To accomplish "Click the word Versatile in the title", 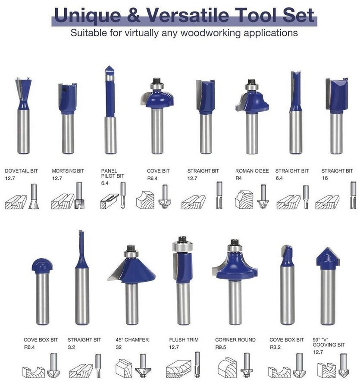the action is pyautogui.click(x=188, y=15).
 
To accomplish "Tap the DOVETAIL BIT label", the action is pyautogui.click(x=22, y=171).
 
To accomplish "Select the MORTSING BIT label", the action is pyautogui.click(x=68, y=171).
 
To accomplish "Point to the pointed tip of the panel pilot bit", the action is pyautogui.click(x=110, y=66).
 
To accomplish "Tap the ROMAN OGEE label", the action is pyautogui.click(x=252, y=171).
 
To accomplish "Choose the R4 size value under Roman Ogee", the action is pyautogui.click(x=238, y=178).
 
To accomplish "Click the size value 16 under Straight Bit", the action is pyautogui.click(x=325, y=178).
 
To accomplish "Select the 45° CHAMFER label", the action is pyautogui.click(x=132, y=340).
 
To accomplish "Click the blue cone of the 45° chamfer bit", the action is pyautogui.click(x=132, y=270).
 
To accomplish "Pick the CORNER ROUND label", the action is pyautogui.click(x=235, y=340).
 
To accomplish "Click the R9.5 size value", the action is pyautogui.click(x=221, y=347).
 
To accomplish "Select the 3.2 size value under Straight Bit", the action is pyautogui.click(x=72, y=347).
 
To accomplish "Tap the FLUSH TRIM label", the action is pyautogui.click(x=184, y=340).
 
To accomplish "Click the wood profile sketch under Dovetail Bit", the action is pyautogui.click(x=16, y=202).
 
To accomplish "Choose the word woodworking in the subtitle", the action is pyautogui.click(x=210, y=33).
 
